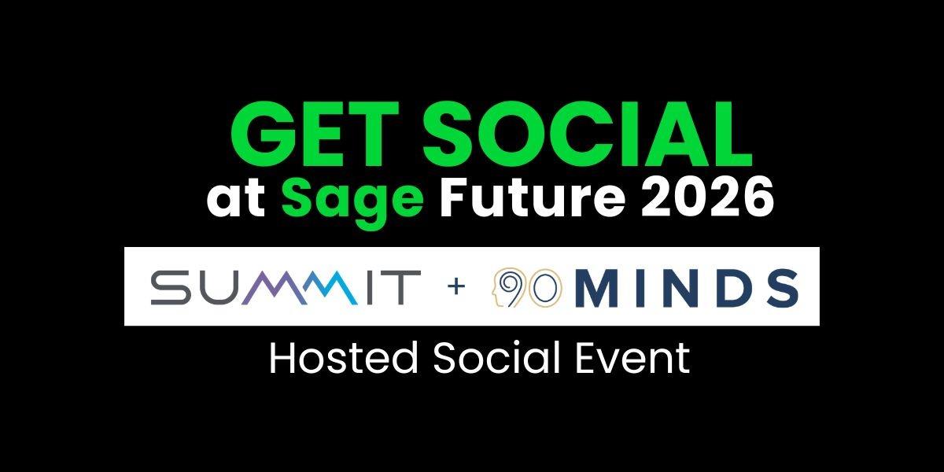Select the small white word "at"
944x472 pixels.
pos(238,201)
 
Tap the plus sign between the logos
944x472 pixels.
pos(455,287)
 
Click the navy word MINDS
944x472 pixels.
pos(686,287)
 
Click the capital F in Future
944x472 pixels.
pos(452,201)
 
